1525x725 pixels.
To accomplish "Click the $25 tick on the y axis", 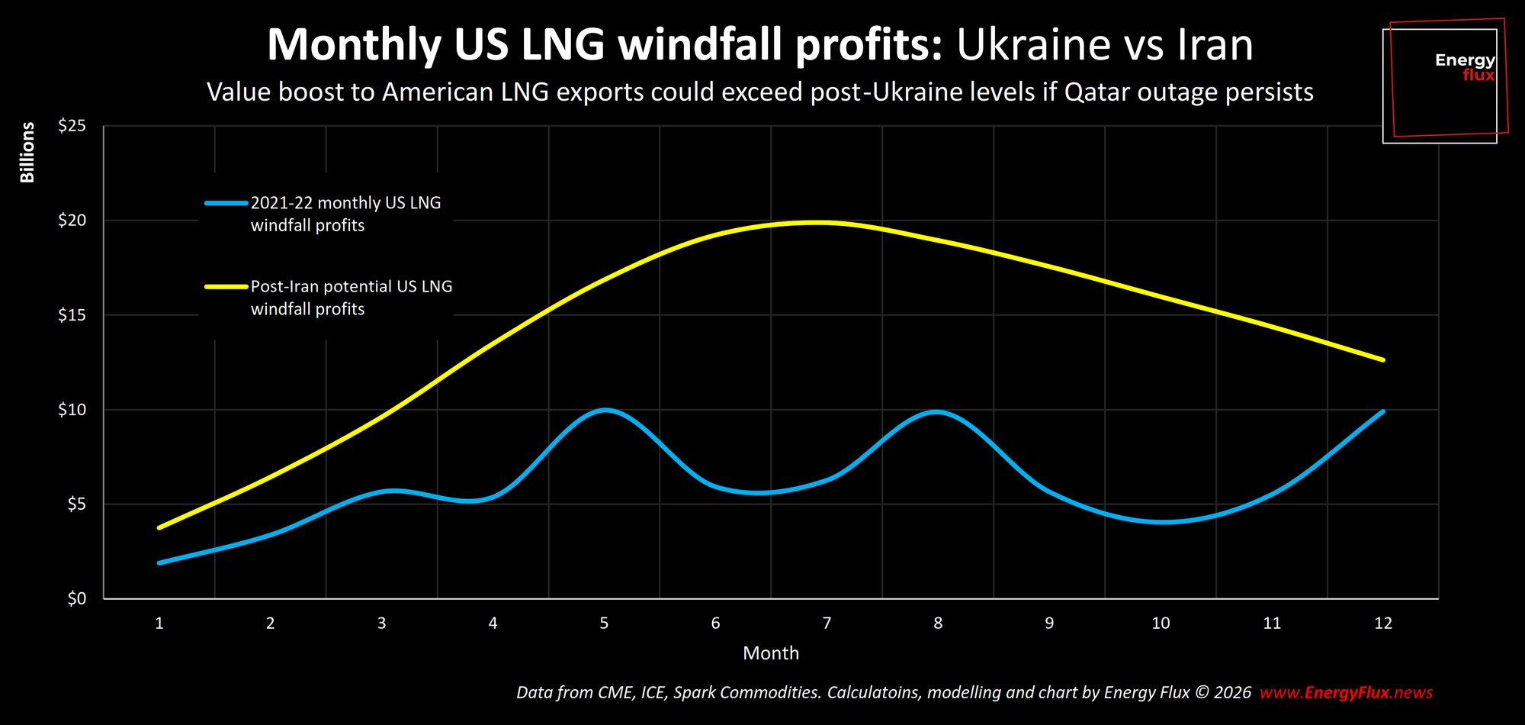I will click(x=72, y=126).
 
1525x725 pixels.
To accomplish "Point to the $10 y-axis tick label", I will click(x=72, y=410).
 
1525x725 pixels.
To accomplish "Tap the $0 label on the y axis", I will click(x=76, y=599).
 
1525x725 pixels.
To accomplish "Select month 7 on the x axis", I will click(x=827, y=623).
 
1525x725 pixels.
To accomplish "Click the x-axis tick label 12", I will click(x=1382, y=623).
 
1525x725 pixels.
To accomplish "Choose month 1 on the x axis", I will click(x=159, y=623).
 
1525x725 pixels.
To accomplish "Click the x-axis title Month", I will click(x=770, y=653).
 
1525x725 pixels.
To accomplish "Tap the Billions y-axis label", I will click(x=27, y=153).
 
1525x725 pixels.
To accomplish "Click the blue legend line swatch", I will click(x=226, y=203).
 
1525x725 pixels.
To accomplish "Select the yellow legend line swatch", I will click(x=226, y=287).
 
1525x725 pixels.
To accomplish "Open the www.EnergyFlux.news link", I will click(x=1346, y=693).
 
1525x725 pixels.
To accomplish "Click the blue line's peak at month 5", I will click(x=605, y=410).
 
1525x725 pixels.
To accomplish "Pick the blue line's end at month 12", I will click(x=1382, y=411).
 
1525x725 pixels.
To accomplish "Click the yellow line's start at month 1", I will click(x=159, y=527).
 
